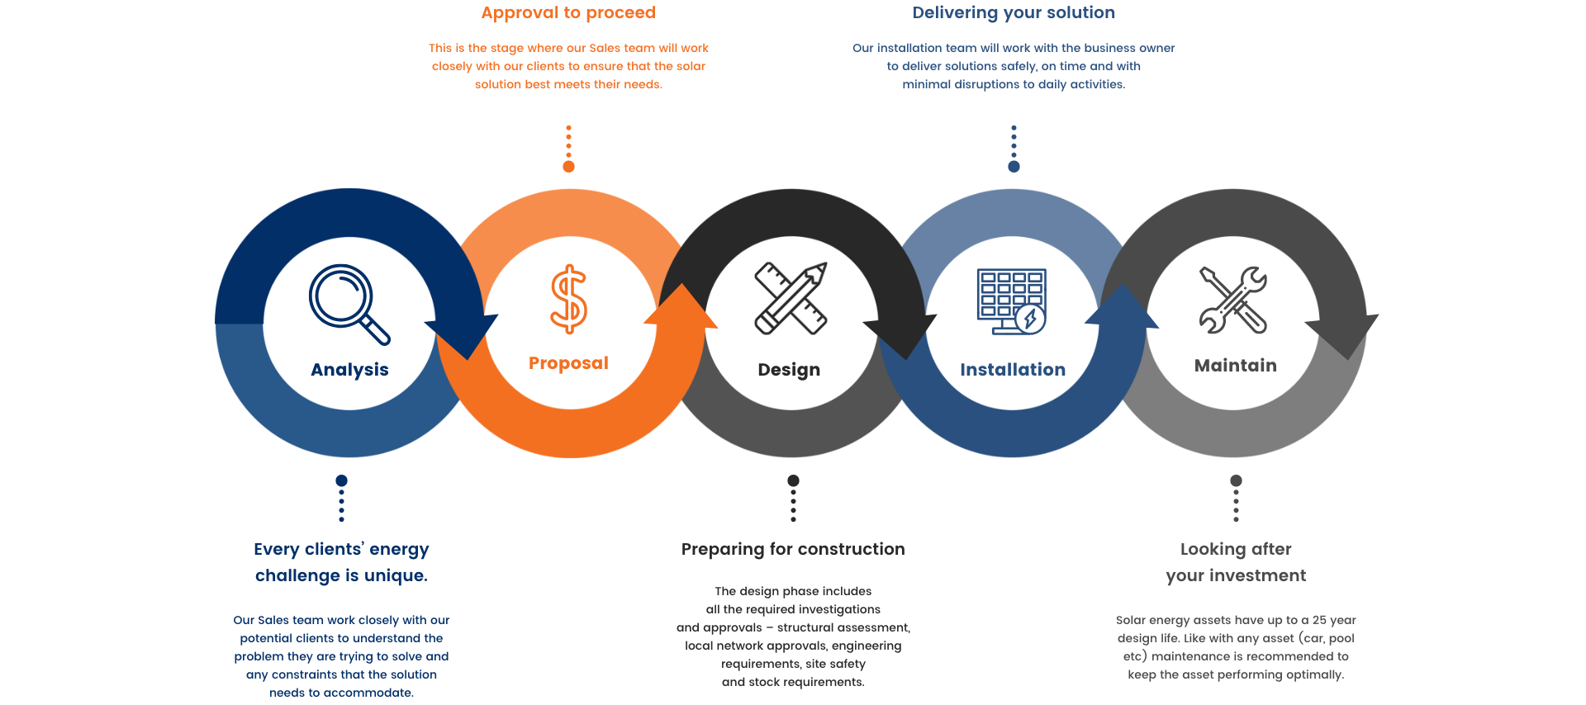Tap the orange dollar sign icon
(x=568, y=299)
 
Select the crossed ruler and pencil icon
(x=791, y=298)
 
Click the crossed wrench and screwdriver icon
(x=1233, y=299)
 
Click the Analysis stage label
(x=349, y=370)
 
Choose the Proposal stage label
(x=568, y=363)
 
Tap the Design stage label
(x=789, y=370)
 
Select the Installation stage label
(x=1013, y=370)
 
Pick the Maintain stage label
(x=1235, y=366)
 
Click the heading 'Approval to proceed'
(x=568, y=12)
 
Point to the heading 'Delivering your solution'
(x=1014, y=12)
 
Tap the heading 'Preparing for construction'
(x=793, y=549)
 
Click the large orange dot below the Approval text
(x=568, y=167)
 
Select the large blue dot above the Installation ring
(x=1014, y=167)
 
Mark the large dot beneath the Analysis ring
(x=341, y=480)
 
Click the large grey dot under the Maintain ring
(x=1236, y=480)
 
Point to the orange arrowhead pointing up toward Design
(x=681, y=305)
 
